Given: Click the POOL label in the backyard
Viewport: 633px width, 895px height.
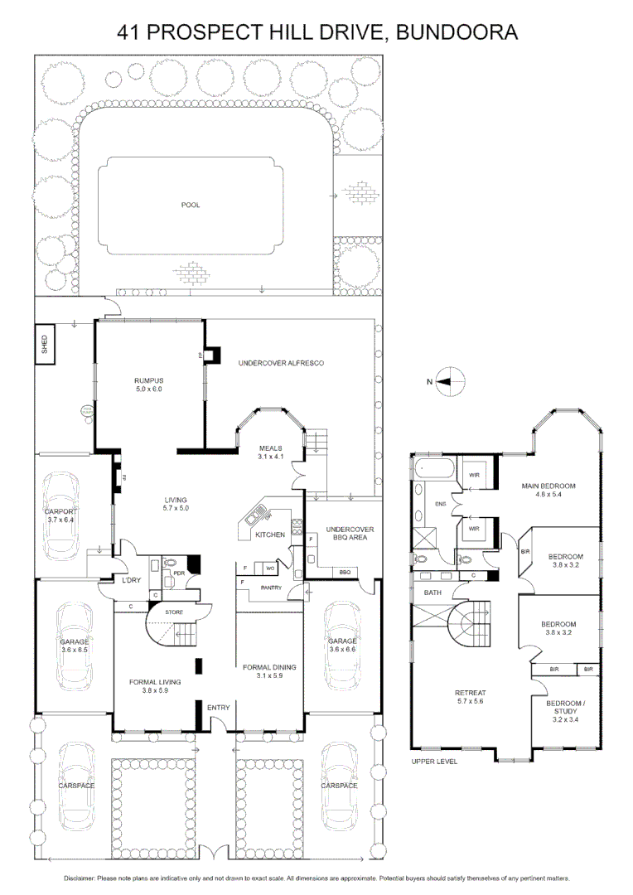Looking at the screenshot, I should (191, 205).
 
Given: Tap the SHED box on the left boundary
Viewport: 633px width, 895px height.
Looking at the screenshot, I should (45, 346).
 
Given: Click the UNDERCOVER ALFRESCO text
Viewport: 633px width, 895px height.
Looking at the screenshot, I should (280, 364).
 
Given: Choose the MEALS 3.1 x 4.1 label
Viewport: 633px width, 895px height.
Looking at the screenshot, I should (272, 452).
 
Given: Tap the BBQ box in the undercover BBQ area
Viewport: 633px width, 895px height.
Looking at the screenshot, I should (345, 572).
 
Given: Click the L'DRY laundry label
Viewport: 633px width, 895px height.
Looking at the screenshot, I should (131, 580).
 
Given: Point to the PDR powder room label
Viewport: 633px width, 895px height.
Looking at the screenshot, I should (178, 573).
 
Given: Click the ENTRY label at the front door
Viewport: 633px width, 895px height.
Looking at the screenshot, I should (219, 707).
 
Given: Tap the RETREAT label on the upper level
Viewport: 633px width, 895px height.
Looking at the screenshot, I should (469, 694).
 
